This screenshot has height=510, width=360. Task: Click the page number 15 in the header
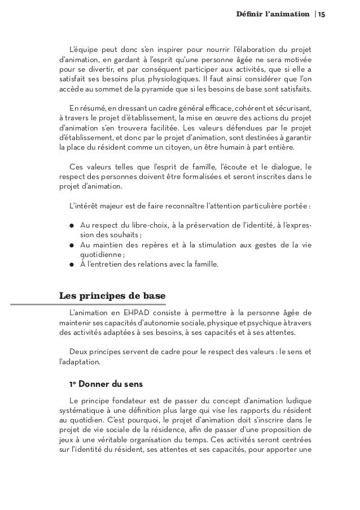(321, 13)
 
